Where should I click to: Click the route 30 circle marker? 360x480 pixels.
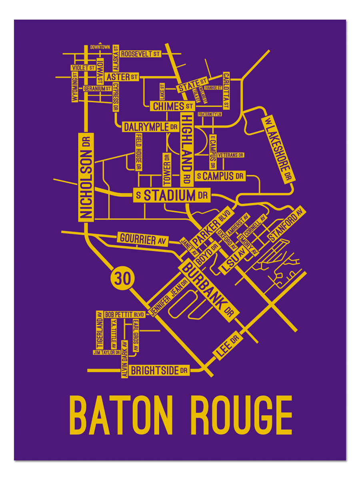pyautogui.click(x=123, y=278)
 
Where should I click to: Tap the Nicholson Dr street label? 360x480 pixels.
pyautogui.click(x=86, y=177)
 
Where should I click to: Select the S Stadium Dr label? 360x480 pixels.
pyautogui.click(x=171, y=196)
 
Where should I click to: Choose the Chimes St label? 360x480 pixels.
pyautogui.click(x=172, y=106)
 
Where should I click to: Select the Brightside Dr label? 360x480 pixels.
pyautogui.click(x=159, y=370)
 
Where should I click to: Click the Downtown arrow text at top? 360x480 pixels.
pyautogui.click(x=100, y=47)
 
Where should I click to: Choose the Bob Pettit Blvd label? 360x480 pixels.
pyautogui.click(x=124, y=315)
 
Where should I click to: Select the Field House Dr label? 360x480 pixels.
pyautogui.click(x=138, y=152)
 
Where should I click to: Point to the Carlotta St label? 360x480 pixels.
pyautogui.click(x=226, y=90)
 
